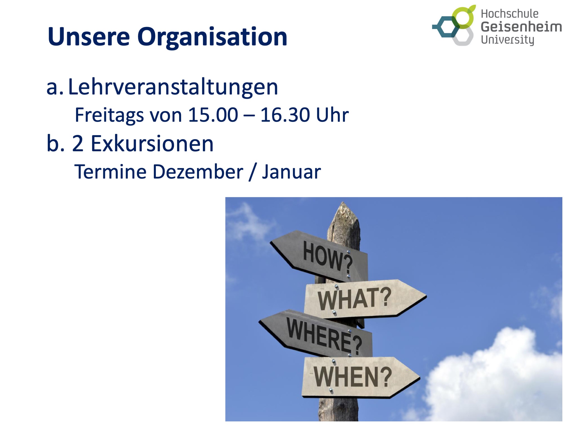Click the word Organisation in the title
pyautogui.click(x=212, y=38)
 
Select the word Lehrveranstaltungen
pyautogui.click(x=173, y=87)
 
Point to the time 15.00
pyautogui.click(x=213, y=115)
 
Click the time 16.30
pyautogui.click(x=285, y=115)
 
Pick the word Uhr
pyautogui.click(x=332, y=115)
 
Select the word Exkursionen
pyautogui.click(x=152, y=144)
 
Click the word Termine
pyautogui.click(x=110, y=171)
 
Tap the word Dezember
pyautogui.click(x=198, y=171)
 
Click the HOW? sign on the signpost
pyautogui.click(x=319, y=256)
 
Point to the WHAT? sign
pyautogui.click(x=365, y=299)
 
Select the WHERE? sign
pyautogui.click(x=316, y=334)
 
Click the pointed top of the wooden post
pyautogui.click(x=343, y=203)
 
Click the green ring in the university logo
pyautogui.click(x=463, y=17)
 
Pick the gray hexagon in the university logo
pyautogui.click(x=463, y=36)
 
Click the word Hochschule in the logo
pyautogui.click(x=509, y=14)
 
